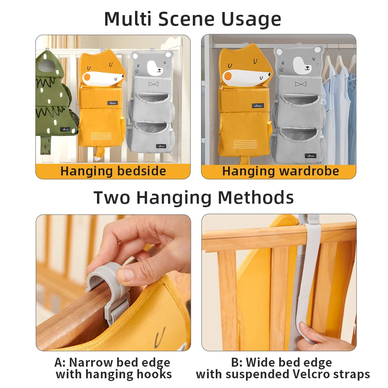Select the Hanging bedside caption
pos(113,171)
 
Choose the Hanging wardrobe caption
pos(280,171)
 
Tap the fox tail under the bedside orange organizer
pos(99,154)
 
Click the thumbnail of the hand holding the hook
pos(113,282)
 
